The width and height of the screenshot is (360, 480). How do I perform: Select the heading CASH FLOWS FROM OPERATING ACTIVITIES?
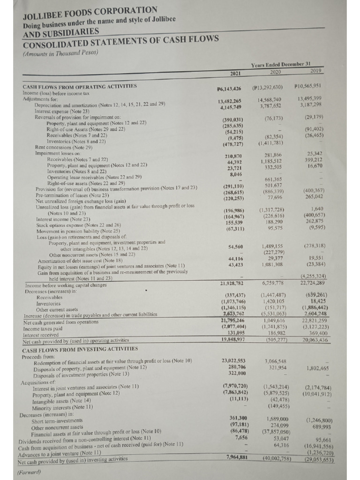coord(79,87)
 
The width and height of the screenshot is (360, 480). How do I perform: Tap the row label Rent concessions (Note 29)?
coord(65,147)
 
